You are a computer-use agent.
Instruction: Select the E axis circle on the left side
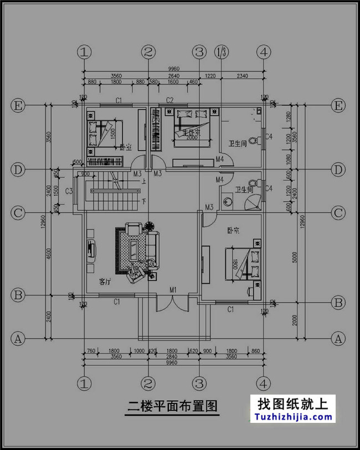(18, 105)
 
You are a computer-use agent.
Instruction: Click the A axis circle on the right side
(338, 337)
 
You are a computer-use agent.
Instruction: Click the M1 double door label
(173, 290)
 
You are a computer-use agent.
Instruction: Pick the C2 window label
(169, 100)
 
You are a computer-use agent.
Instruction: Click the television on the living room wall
(91, 250)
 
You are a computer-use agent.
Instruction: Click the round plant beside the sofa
(150, 226)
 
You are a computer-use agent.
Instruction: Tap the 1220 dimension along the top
(210, 75)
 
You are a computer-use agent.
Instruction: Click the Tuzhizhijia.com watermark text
(294, 417)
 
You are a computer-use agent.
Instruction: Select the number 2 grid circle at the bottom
(148, 382)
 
